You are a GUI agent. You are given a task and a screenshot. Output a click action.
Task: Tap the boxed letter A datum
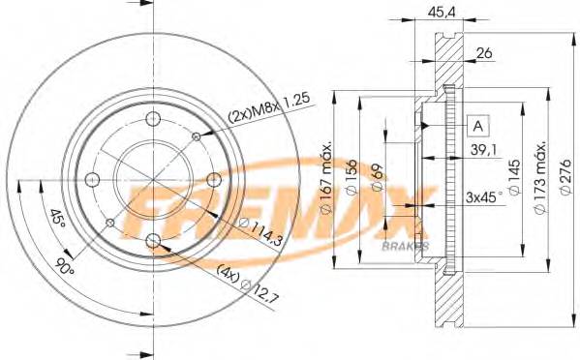click(478, 126)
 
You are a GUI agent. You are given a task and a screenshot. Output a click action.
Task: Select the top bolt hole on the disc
click(153, 119)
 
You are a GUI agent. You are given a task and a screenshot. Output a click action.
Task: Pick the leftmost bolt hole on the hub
click(93, 179)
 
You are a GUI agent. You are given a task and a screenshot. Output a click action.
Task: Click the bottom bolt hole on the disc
click(153, 239)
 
